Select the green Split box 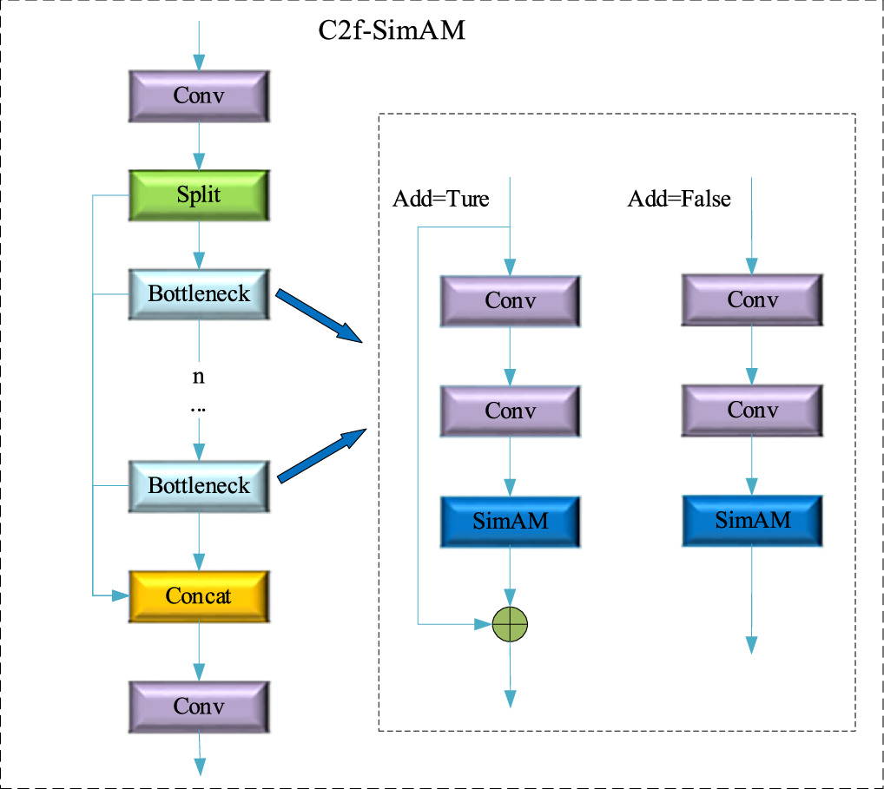[199, 195]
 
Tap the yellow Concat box [199, 596]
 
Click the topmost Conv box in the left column [199, 95]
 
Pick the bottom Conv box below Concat [199, 707]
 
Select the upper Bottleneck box [199, 294]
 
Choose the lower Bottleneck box [199, 485]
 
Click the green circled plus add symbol [510, 623]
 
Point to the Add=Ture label [441, 200]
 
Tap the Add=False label [679, 200]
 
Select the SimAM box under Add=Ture [510, 522]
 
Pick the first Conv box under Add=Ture [510, 301]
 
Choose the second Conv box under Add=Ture [510, 411]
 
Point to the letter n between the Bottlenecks [199, 377]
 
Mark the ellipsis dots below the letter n [199, 407]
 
